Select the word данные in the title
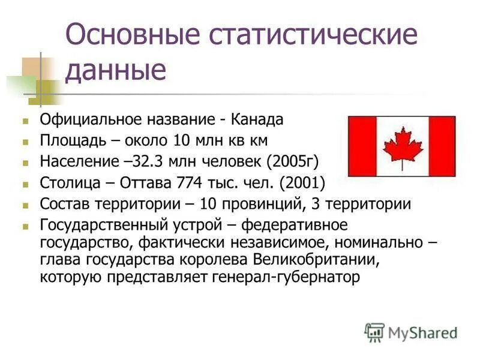(x=116, y=70)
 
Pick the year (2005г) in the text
(x=292, y=161)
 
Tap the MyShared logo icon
(x=374, y=332)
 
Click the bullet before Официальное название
(x=26, y=120)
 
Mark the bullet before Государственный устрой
(x=26, y=226)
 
